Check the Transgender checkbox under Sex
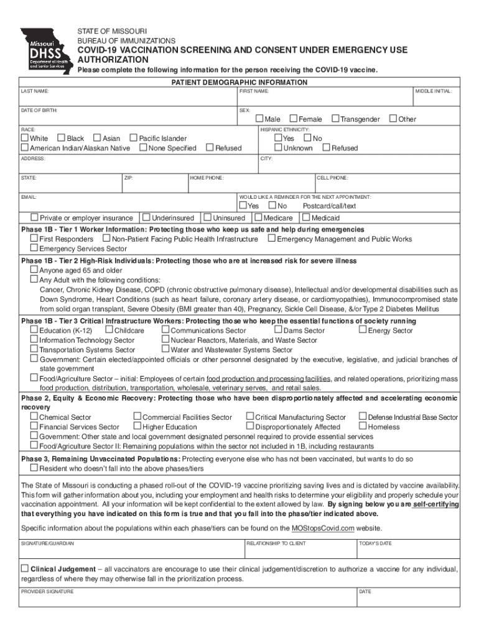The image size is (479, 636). point(335,119)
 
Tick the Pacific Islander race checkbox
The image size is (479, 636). point(133,138)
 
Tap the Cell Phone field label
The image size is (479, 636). point(333,178)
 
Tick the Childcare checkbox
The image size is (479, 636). point(109,330)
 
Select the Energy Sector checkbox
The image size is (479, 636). point(362,330)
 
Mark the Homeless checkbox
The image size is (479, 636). point(362,427)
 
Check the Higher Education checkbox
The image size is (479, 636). point(137,427)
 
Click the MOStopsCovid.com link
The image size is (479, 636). point(323,528)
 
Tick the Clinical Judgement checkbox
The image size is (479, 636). point(25,568)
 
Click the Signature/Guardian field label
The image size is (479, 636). point(47,543)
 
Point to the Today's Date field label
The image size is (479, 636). point(375,543)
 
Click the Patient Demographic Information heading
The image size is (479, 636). point(240,82)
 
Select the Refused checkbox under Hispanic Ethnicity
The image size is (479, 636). point(326,147)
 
